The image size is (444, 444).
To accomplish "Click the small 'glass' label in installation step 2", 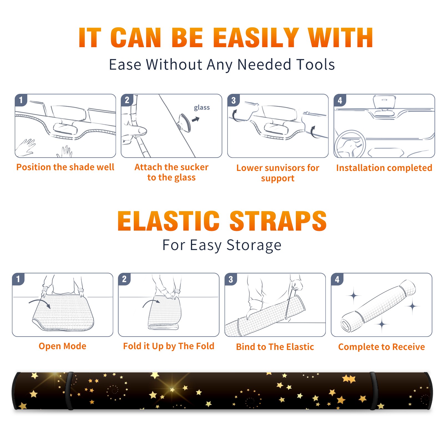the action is [x=202, y=108].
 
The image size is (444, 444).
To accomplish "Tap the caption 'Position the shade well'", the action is [x=65, y=167].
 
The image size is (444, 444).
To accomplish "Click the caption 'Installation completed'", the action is [x=384, y=168].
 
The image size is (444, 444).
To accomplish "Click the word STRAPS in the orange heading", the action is [x=278, y=221].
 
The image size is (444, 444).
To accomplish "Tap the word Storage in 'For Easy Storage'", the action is [x=254, y=245].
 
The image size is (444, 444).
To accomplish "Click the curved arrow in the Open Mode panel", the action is [x=39, y=303].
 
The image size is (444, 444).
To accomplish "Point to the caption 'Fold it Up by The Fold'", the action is [x=169, y=346].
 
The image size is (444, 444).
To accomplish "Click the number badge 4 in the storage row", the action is [x=337, y=279].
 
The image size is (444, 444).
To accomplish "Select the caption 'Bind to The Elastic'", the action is [x=275, y=347].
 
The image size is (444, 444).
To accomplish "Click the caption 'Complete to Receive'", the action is [x=382, y=347].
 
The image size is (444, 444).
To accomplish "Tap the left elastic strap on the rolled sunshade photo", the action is [x=70, y=391].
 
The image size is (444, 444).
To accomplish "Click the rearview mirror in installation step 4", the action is [x=384, y=102].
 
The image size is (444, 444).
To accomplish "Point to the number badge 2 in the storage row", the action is [x=124, y=279].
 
